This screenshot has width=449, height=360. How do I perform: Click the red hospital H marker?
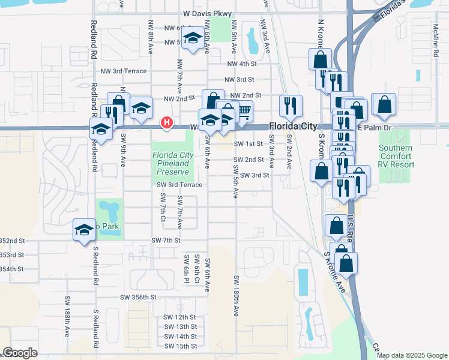(x=167, y=124)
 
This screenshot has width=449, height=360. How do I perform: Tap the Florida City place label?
(x=292, y=127)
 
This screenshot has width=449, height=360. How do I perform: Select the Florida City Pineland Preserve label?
(x=173, y=163)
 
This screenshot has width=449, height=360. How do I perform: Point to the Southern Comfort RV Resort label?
(x=396, y=156)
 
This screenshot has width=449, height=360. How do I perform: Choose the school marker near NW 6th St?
(x=192, y=39)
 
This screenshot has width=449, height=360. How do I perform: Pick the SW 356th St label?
(x=138, y=297)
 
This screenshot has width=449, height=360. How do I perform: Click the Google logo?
(x=20, y=353)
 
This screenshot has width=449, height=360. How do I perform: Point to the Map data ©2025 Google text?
(x=412, y=355)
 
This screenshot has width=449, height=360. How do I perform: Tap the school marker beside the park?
(x=84, y=230)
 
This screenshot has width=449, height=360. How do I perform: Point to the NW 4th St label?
(x=242, y=64)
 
